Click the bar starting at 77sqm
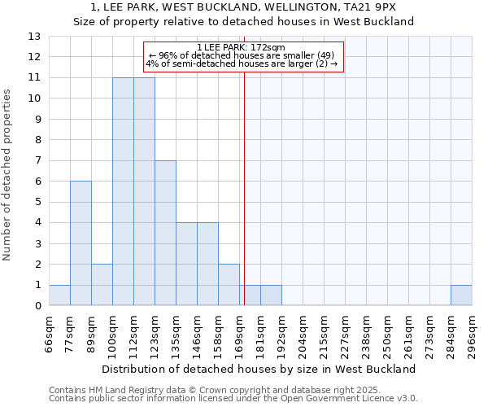tap(81, 243)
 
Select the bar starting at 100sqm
tap(123, 191)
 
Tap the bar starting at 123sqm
tap(165, 233)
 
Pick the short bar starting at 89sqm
tap(102, 285)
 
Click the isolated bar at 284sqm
tap(461, 295)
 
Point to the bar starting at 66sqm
tap(59, 295)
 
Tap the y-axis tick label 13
tap(34, 37)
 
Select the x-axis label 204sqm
tap(303, 334)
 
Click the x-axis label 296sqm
tap(472, 334)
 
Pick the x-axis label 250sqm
tap(387, 334)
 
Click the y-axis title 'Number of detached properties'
tap(7, 175)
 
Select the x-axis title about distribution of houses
tap(264, 369)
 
